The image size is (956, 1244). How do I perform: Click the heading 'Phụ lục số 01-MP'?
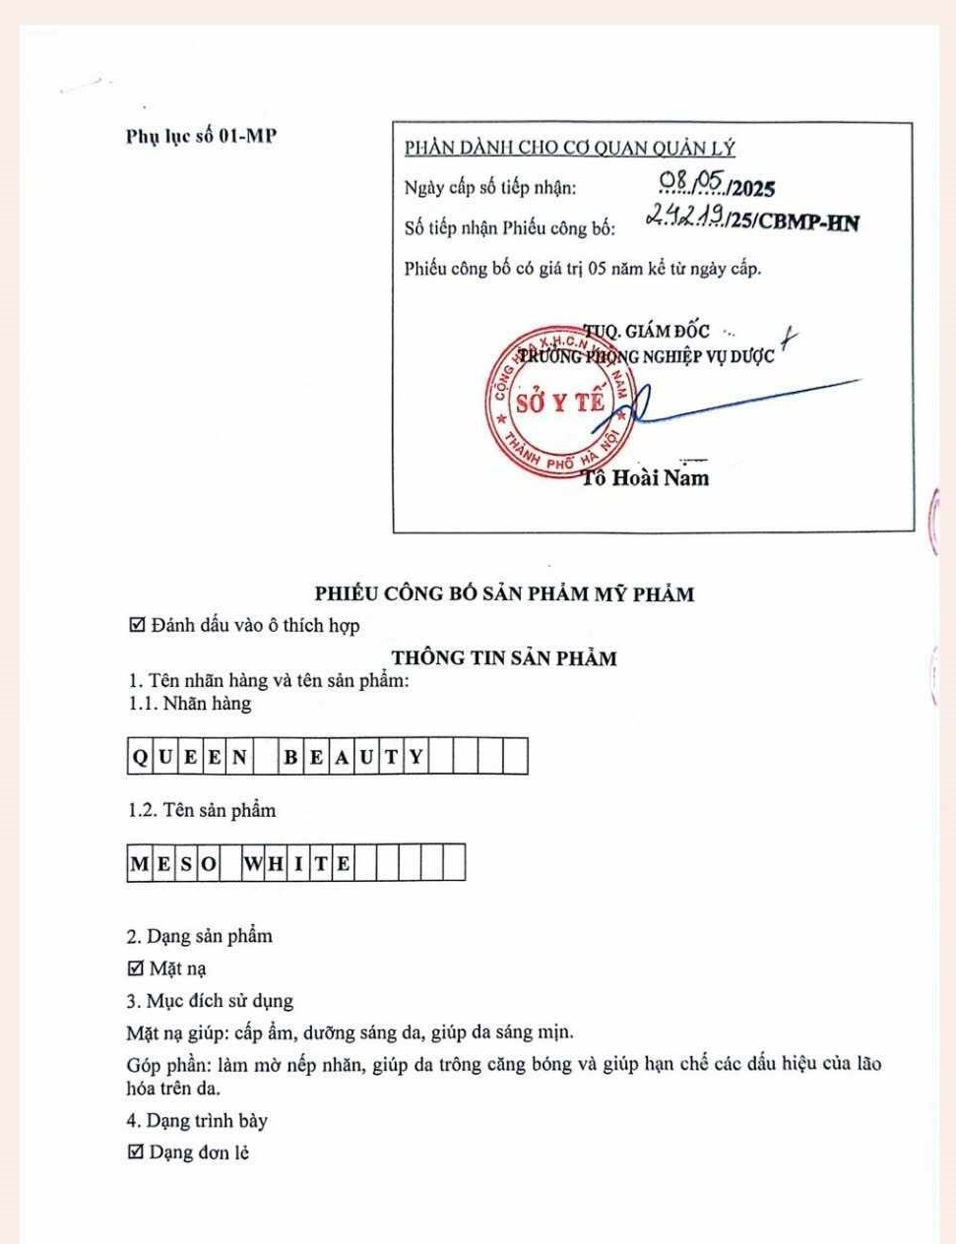click(201, 136)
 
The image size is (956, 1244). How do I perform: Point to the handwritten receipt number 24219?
click(686, 217)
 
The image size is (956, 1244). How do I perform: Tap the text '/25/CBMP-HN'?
click(794, 223)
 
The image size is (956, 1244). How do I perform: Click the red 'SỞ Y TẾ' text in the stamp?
click(560, 402)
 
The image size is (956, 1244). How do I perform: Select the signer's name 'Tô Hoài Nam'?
click(646, 478)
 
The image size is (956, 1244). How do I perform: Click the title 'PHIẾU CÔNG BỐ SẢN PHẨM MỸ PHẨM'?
click(504, 593)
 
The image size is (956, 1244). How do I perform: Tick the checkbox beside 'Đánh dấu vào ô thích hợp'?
click(138, 625)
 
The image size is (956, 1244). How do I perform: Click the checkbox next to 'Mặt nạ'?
click(137, 968)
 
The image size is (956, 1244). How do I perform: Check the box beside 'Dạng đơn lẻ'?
click(137, 1151)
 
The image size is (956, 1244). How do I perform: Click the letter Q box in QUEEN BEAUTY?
click(140, 757)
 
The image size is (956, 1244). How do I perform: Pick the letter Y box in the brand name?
click(416, 757)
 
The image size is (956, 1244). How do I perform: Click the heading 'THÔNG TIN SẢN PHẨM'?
click(504, 658)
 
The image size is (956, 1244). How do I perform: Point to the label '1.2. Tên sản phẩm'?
click(202, 811)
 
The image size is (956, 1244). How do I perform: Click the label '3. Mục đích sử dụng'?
click(210, 1001)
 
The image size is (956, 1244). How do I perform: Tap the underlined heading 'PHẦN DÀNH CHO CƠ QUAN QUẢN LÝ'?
click(570, 149)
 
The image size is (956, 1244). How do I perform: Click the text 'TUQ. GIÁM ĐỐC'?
click(647, 332)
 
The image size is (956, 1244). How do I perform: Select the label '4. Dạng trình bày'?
click(197, 1120)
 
